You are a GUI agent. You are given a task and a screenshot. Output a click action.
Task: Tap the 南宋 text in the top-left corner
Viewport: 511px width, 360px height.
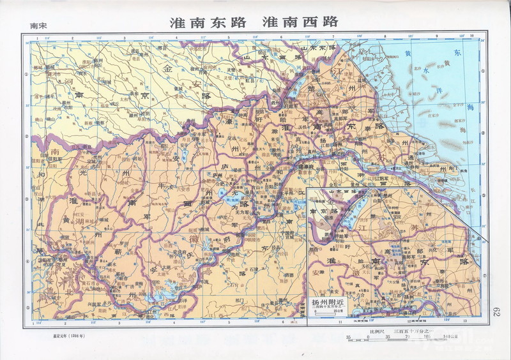pos(38,26)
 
